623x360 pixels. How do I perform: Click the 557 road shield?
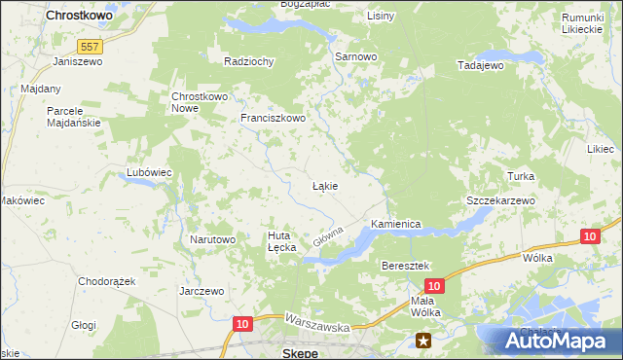(x=91, y=46)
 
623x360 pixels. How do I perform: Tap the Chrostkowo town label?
(x=81, y=17)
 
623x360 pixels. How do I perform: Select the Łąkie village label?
(x=324, y=185)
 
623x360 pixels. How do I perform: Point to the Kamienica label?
(x=395, y=224)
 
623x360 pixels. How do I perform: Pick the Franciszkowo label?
(x=274, y=119)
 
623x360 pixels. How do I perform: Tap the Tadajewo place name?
(x=480, y=65)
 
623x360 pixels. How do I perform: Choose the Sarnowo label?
(x=355, y=57)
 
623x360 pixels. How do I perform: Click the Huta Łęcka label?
(x=281, y=241)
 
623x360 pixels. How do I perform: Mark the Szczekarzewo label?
(x=501, y=199)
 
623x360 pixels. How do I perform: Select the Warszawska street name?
(x=317, y=323)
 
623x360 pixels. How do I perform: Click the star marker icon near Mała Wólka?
(x=423, y=340)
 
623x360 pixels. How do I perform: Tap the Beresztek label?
(x=407, y=265)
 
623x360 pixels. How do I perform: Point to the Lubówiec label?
(x=149, y=172)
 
